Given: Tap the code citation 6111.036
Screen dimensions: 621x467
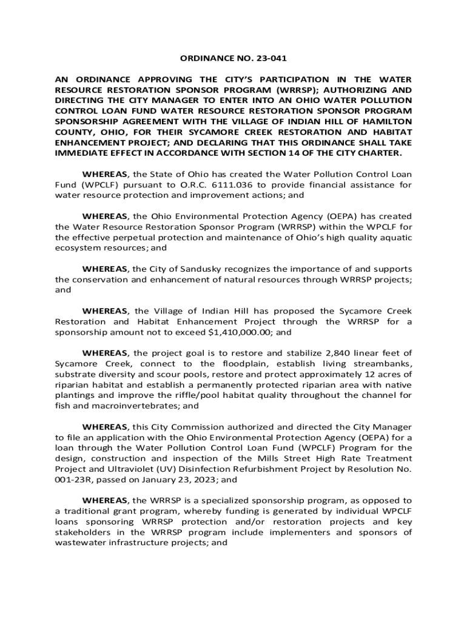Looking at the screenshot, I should (225, 184).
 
